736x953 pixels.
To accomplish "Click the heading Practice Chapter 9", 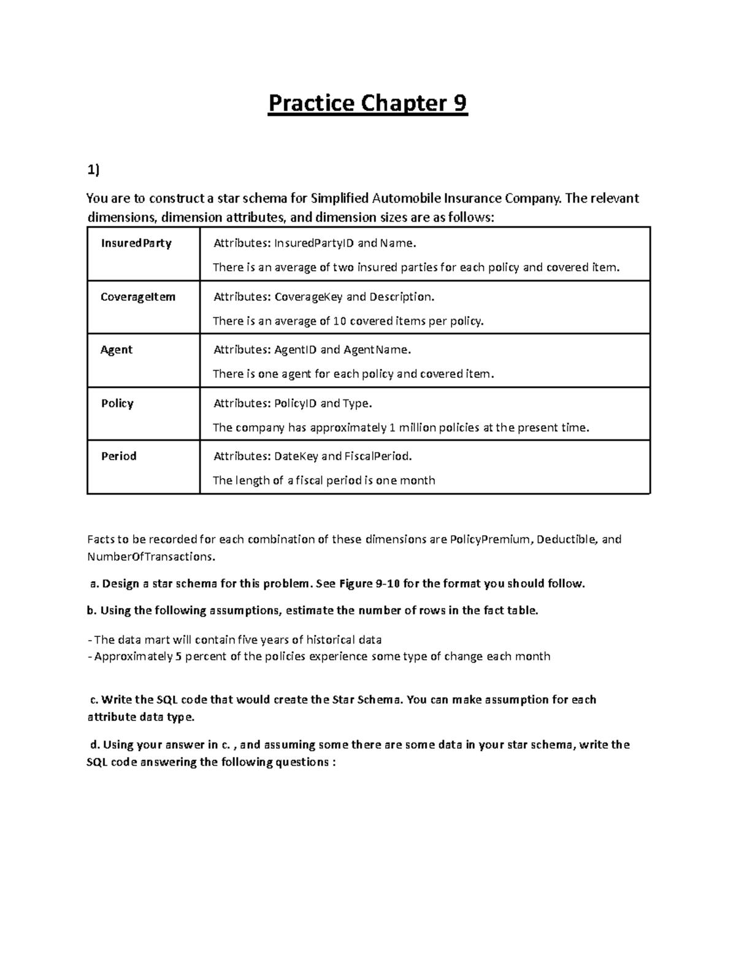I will click(x=367, y=103).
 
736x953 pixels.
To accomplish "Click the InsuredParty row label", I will click(x=136, y=243).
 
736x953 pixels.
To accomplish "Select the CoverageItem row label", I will click(x=138, y=296).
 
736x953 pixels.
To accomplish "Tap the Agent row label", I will click(x=117, y=350).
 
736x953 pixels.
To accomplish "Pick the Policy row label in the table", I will click(x=117, y=403).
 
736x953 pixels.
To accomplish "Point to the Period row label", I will click(x=118, y=456).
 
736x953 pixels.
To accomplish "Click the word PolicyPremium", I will click(x=489, y=539).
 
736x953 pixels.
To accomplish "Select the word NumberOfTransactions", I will click(x=151, y=557).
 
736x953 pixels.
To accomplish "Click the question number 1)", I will click(x=92, y=171).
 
